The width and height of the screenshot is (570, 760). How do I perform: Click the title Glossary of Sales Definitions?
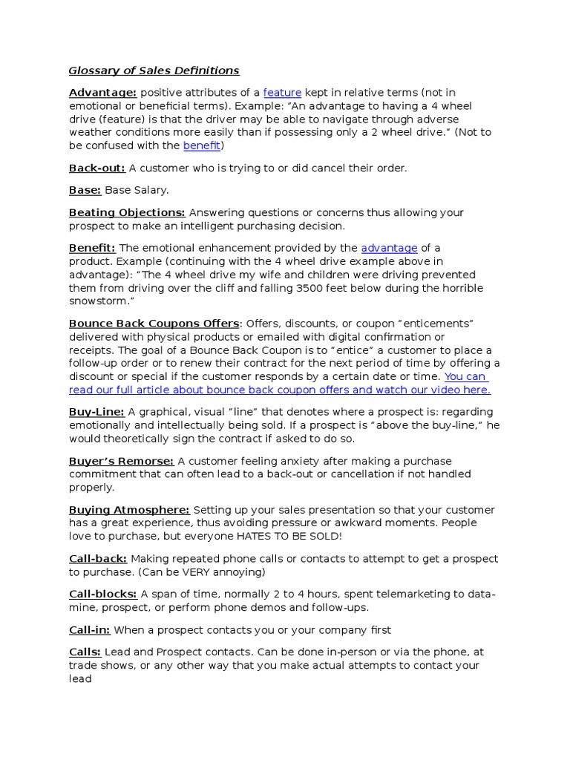click(154, 71)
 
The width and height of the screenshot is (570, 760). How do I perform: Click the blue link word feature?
click(282, 93)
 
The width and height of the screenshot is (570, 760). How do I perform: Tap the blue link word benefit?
click(202, 145)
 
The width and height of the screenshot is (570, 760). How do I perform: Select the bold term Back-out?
click(97, 168)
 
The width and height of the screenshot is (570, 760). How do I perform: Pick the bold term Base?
click(85, 190)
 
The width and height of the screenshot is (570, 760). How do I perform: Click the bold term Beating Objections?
click(127, 212)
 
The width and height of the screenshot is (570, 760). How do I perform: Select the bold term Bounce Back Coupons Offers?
click(154, 324)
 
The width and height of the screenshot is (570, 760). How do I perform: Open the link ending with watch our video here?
click(280, 390)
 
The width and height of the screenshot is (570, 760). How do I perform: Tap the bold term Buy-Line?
click(96, 412)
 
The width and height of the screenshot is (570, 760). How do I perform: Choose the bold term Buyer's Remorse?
click(122, 461)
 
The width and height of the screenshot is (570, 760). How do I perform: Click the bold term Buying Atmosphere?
click(129, 510)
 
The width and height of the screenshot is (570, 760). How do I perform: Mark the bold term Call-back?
click(98, 558)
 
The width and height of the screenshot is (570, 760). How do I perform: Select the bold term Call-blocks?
click(103, 594)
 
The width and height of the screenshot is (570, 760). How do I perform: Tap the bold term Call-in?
click(90, 630)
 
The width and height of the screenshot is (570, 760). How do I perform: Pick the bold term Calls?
click(85, 652)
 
